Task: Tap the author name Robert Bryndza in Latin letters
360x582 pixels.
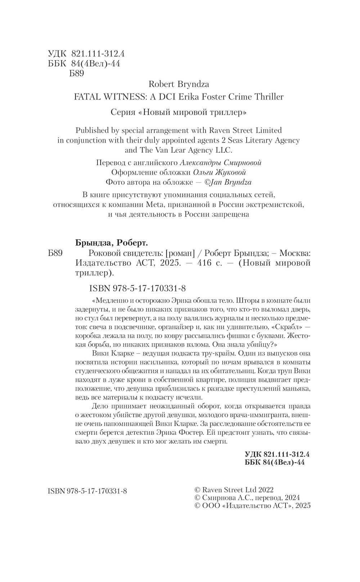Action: click(x=179, y=84)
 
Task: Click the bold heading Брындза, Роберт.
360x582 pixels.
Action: click(x=112, y=243)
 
